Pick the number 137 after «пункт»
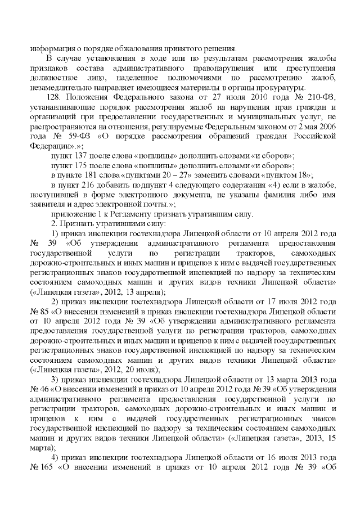(82, 154)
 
